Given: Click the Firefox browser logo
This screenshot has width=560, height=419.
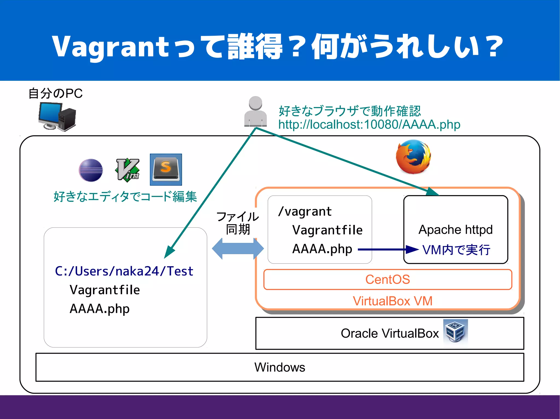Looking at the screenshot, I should point(413,157).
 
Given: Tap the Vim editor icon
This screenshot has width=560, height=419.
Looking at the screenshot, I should point(127,170).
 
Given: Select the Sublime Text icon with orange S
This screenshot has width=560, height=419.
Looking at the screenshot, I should point(166,170).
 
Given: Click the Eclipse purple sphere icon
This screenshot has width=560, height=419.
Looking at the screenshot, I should point(91,170).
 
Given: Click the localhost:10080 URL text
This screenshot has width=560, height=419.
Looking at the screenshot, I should point(369,125).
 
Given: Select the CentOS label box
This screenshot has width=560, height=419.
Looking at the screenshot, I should point(387,280).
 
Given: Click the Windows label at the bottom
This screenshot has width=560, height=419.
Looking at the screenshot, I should point(279,367).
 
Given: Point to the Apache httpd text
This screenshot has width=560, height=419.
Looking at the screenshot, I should point(455,230).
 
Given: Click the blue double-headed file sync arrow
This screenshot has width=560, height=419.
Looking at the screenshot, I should point(238,249).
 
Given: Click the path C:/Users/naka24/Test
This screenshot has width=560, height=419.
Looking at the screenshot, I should point(124,271).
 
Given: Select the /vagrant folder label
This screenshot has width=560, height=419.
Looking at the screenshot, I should point(305,212).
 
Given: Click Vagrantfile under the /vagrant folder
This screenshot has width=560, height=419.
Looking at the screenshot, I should point(327,230).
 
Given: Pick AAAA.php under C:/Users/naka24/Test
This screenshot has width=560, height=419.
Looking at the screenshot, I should point(100,309).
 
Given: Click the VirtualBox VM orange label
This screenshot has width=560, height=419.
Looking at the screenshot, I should point(392,301).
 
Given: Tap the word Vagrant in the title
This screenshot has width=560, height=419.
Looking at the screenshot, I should point(111,46).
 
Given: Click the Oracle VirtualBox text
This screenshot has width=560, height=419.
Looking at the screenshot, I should point(389,333).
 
